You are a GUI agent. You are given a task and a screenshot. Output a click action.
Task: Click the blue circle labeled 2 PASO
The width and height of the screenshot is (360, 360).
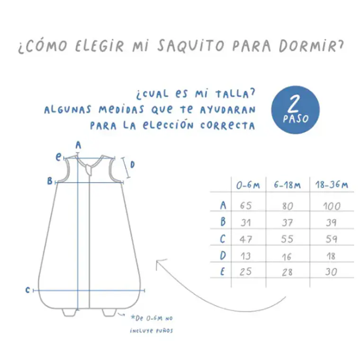(295, 110)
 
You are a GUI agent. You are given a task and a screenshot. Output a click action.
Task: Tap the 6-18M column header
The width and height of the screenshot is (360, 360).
(287, 185)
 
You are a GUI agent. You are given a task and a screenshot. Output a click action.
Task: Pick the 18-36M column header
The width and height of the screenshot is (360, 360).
(332, 185)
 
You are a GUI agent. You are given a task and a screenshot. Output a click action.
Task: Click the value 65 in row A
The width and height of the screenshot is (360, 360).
(246, 206)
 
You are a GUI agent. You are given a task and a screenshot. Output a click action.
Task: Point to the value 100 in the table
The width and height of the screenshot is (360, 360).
(332, 206)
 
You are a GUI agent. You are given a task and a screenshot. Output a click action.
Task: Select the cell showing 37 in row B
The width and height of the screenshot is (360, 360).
(287, 222)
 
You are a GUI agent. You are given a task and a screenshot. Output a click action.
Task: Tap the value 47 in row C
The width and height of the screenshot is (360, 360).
(246, 239)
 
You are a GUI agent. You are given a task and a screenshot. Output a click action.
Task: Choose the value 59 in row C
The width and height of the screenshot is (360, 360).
(332, 239)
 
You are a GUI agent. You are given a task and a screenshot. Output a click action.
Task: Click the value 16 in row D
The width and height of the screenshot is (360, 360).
(287, 256)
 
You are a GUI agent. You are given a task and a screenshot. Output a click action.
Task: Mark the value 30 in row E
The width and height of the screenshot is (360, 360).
(332, 272)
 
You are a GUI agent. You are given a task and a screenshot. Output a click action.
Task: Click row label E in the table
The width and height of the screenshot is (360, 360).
(223, 272)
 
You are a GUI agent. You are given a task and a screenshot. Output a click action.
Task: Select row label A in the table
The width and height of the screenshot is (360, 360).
(223, 205)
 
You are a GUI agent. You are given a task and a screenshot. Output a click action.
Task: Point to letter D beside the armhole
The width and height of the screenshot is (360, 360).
(133, 165)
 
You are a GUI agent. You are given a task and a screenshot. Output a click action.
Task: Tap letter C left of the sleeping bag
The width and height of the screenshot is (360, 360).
(28, 290)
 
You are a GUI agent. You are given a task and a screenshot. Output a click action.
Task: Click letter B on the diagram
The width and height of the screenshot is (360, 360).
(49, 180)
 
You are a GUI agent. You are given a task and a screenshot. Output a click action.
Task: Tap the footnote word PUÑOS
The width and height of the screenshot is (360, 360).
(164, 331)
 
